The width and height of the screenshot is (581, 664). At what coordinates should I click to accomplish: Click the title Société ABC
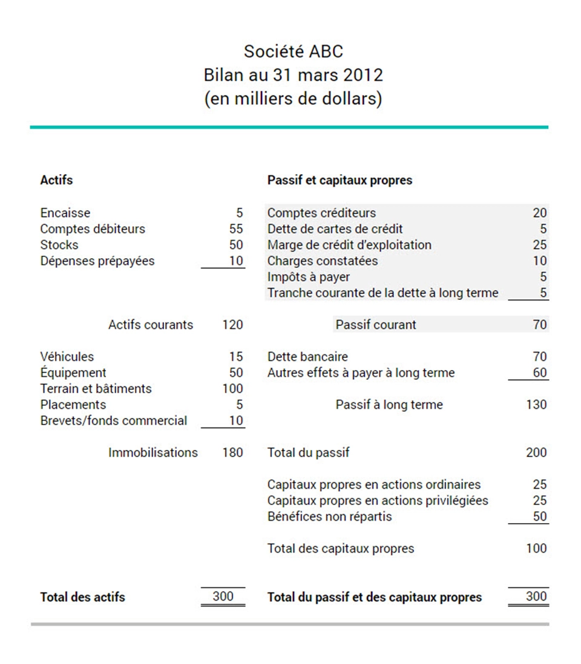pyautogui.click(x=294, y=51)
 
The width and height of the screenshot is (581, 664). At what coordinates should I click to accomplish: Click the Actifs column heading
pyautogui.click(x=56, y=180)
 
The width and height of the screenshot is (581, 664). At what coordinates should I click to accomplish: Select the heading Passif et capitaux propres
pyautogui.click(x=340, y=180)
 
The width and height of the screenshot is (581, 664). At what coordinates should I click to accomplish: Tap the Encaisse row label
pyautogui.click(x=65, y=213)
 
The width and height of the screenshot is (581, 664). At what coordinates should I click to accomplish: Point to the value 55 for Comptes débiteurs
pyautogui.click(x=235, y=229)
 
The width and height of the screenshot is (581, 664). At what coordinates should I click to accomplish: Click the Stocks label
pyautogui.click(x=59, y=245)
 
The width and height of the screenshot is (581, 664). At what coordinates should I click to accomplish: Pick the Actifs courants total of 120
pyautogui.click(x=232, y=325)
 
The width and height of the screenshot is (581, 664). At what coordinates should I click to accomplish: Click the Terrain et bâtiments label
pyautogui.click(x=96, y=388)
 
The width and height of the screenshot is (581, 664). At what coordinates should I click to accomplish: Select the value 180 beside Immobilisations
pyautogui.click(x=232, y=452)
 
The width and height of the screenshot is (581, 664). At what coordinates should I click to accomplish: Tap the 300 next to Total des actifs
pyautogui.click(x=223, y=596)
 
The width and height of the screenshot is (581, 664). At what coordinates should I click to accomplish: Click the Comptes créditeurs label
pyautogui.click(x=321, y=213)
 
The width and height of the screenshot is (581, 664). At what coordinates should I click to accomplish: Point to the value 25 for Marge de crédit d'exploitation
pyautogui.click(x=539, y=245)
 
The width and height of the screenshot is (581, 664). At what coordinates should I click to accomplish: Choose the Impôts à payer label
pyautogui.click(x=308, y=277)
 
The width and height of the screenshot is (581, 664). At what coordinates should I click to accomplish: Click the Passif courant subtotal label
pyautogui.click(x=376, y=325)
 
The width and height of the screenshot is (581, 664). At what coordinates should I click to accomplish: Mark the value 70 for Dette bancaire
pyautogui.click(x=539, y=357)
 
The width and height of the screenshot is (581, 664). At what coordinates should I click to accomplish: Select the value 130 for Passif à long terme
pyautogui.click(x=536, y=405)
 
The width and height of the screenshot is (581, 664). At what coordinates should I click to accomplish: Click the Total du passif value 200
pyautogui.click(x=536, y=452)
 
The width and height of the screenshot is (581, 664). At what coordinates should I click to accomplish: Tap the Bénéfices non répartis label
pyautogui.click(x=329, y=516)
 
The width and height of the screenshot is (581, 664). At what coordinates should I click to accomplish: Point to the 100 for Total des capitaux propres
pyautogui.click(x=536, y=548)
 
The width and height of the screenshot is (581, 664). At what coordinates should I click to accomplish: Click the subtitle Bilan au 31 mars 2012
pyautogui.click(x=294, y=75)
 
